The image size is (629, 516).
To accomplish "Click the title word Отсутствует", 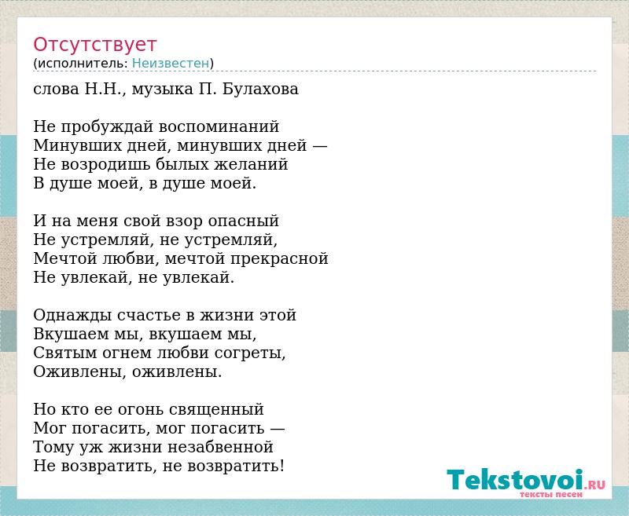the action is tap(94, 44).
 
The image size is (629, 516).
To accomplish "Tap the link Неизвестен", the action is tap(171, 64).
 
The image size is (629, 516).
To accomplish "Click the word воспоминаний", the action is tap(219, 127).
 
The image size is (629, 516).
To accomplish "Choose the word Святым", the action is tap(65, 353).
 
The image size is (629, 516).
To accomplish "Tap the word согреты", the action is tap(250, 353).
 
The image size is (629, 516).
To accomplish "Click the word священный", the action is tap(217, 410).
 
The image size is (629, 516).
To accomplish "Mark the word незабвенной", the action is tap(220, 447).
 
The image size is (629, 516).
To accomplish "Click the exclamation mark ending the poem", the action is tap(282, 466).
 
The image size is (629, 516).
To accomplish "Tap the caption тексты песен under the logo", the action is tap(551, 495).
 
